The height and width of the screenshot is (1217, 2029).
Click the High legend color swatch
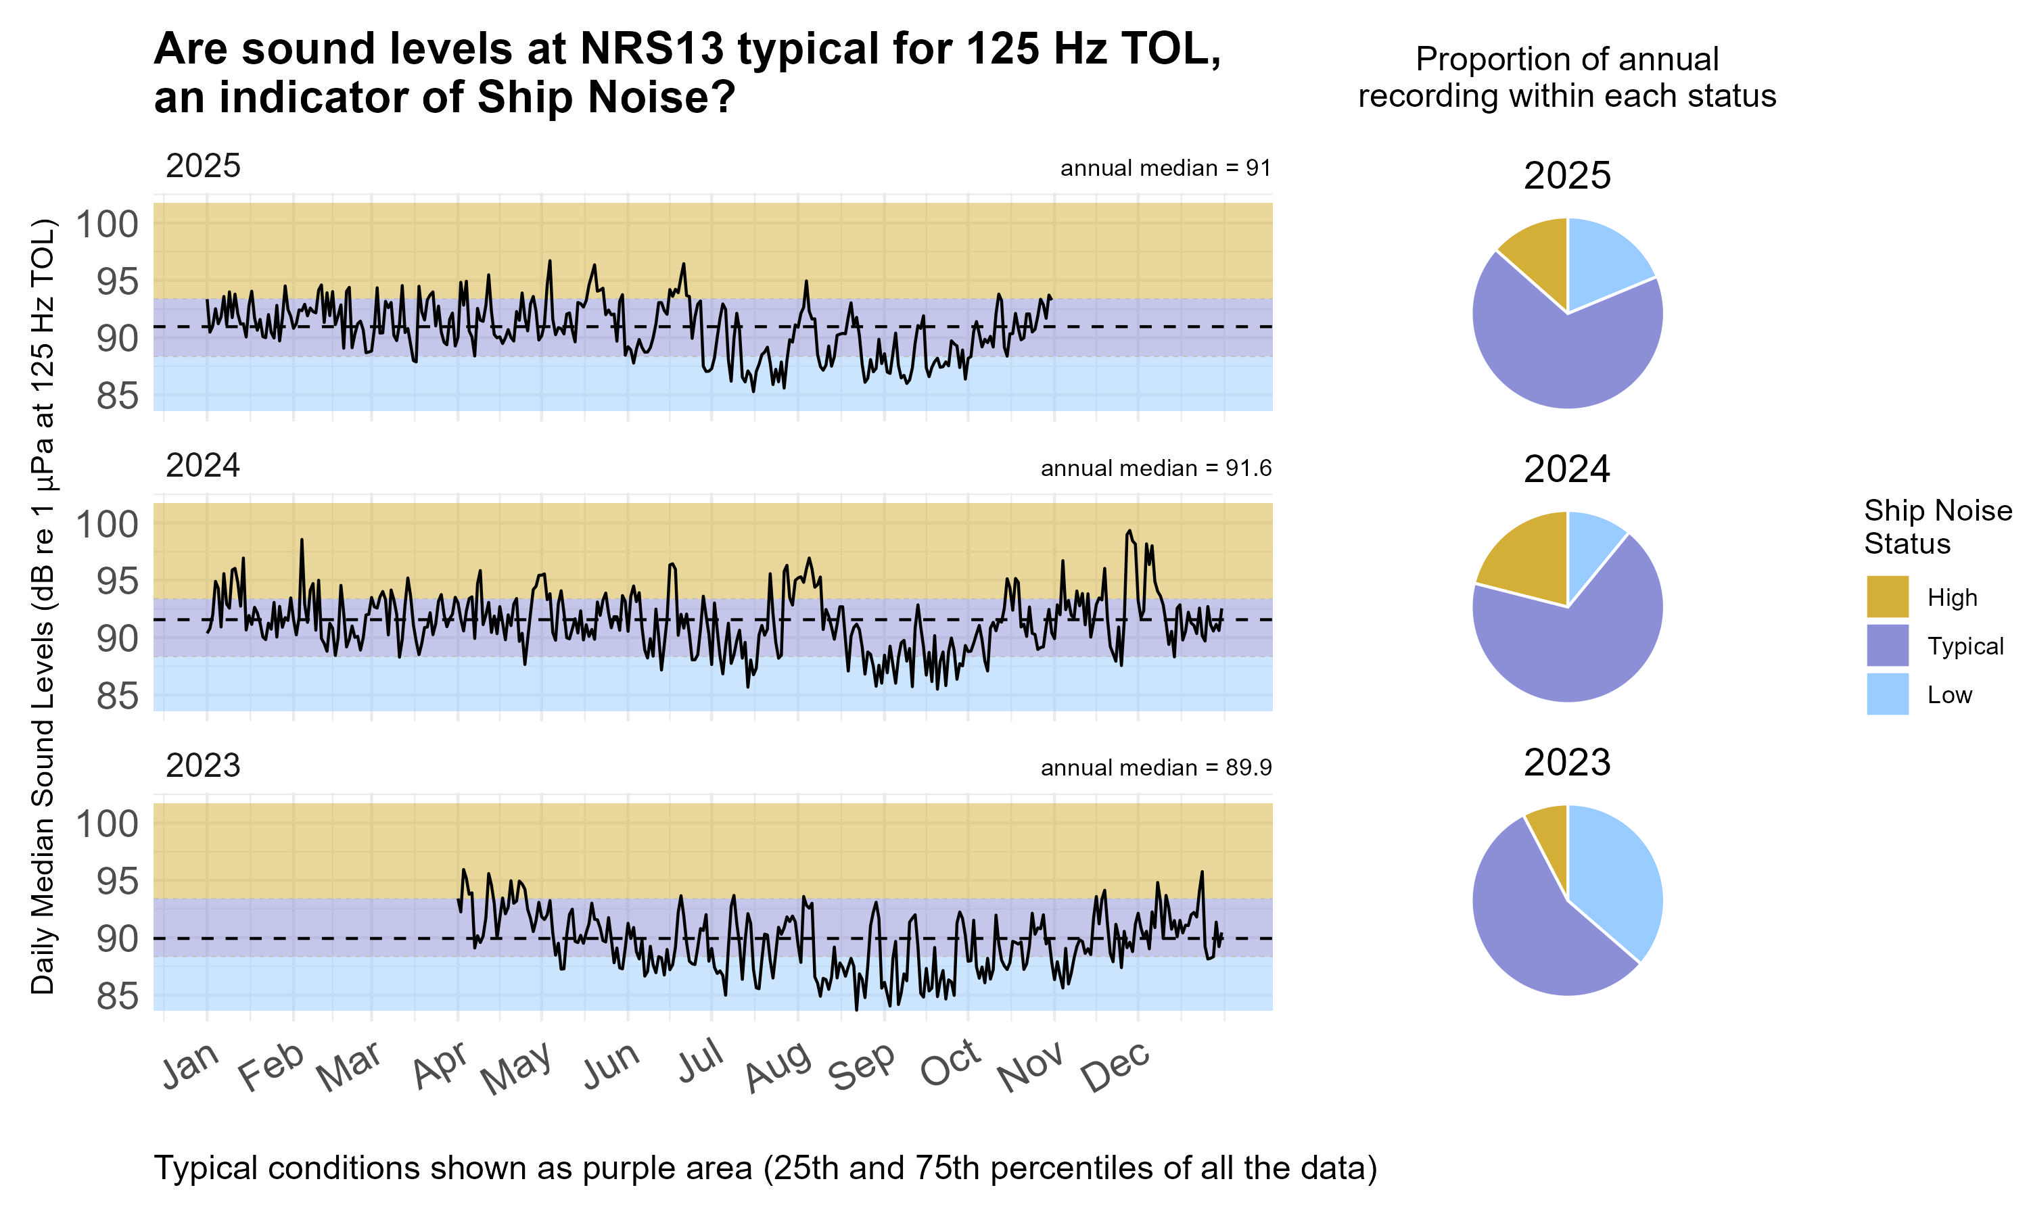[1886, 596]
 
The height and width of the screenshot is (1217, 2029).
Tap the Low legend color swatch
[1886, 694]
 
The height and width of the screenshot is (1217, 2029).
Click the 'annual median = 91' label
[1165, 168]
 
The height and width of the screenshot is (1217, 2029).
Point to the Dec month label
[1115, 1068]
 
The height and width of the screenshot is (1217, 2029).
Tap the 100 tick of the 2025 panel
[108, 224]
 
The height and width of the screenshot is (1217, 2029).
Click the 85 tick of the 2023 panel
[117, 997]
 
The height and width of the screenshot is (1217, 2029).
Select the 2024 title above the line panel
[203, 466]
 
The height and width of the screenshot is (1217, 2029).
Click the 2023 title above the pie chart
[1566, 763]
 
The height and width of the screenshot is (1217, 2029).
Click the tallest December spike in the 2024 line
[1129, 531]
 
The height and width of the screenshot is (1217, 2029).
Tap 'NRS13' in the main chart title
[652, 49]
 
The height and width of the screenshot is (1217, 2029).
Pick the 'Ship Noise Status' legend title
[1936, 527]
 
